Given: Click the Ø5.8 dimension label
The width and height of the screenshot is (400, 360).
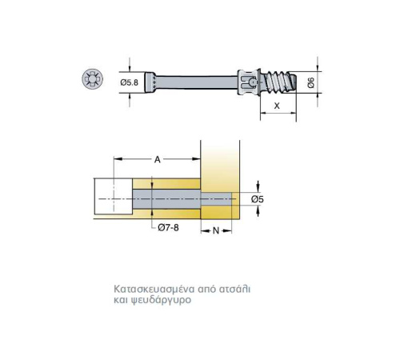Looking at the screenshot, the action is pos(130,82).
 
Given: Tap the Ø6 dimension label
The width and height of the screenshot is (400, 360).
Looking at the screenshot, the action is pos(311,82).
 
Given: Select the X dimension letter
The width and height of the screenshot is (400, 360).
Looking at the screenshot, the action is pos(277,106).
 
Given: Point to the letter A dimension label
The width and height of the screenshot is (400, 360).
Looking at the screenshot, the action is pos(158,159).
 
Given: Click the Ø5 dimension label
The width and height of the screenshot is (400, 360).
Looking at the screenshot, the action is pos(258,199).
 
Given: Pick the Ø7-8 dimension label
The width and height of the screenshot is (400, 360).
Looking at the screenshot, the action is pos(168,227).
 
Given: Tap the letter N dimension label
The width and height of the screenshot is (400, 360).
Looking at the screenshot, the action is pos(216,230).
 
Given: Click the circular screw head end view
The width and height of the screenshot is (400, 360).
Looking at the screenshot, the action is pos(92,79).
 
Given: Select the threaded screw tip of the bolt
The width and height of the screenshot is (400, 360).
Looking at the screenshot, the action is pos(279,82).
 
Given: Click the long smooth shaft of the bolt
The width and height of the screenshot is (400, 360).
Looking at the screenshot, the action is pos(197,82).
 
